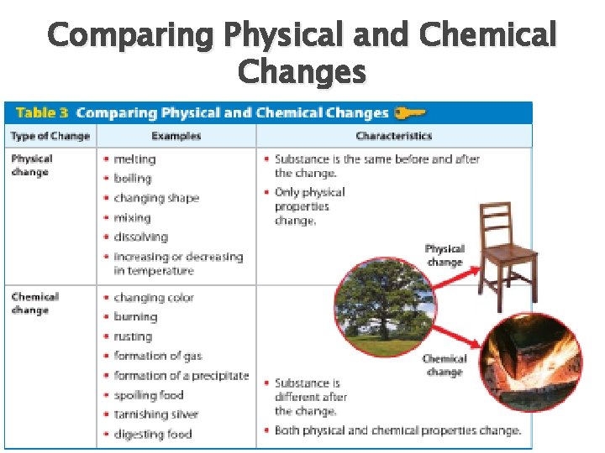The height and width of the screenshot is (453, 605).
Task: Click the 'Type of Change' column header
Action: coord(50,136)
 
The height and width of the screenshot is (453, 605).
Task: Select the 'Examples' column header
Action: coord(176,136)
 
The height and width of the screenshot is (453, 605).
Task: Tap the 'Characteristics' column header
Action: coord(393,136)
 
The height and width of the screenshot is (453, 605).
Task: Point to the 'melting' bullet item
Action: coord(134,159)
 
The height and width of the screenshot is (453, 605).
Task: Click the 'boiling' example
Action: coord(133,178)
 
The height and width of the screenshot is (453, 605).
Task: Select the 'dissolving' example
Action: coord(140,237)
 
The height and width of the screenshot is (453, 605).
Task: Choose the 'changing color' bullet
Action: coord(153,297)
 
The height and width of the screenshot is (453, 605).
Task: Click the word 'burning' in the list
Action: coord(135,317)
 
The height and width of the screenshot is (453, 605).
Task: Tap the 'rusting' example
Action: coord(133,336)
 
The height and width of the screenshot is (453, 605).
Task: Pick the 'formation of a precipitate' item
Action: coord(181,376)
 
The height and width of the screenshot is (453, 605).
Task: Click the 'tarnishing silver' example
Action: coord(155,414)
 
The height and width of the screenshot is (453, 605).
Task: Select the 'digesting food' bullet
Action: coord(152,434)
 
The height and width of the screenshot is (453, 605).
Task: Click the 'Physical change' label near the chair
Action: coord(445,255)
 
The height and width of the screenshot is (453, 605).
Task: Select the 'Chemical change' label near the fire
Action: coord(444,365)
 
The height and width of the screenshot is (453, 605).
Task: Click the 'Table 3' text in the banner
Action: coord(41,112)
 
